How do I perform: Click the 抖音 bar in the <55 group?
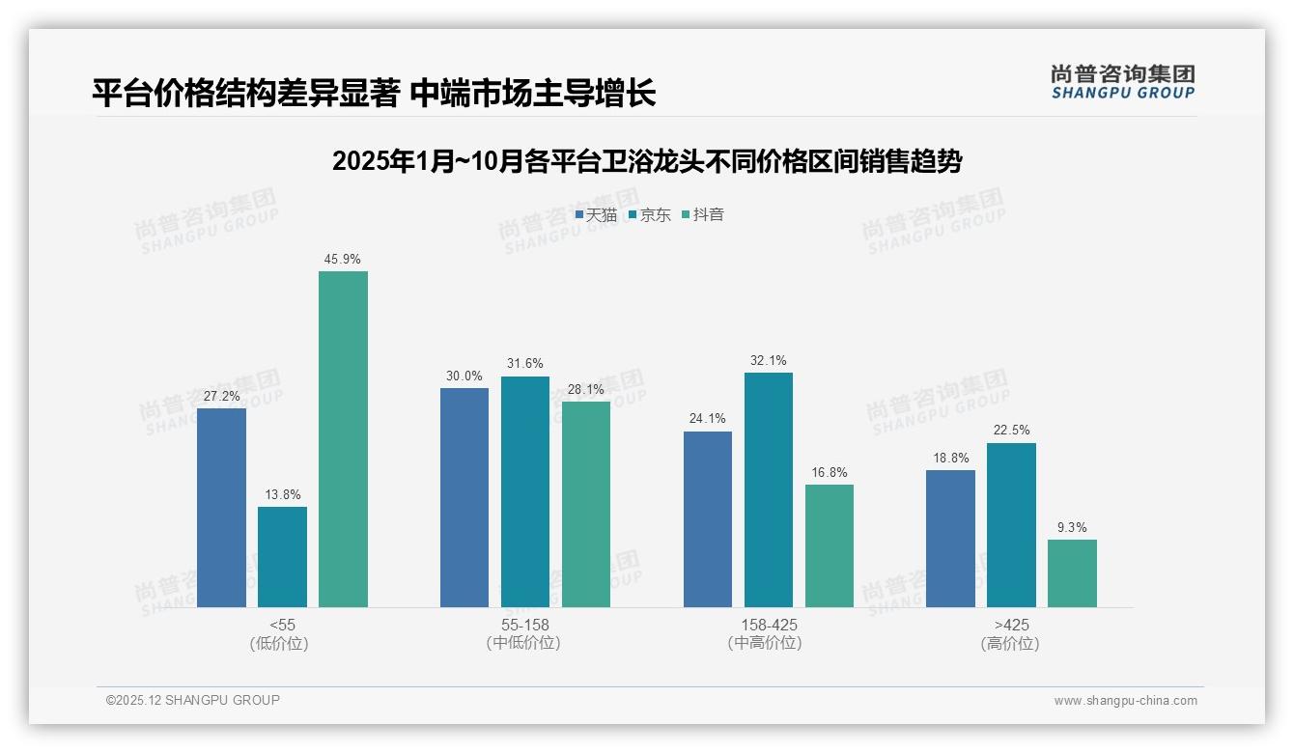[x=343, y=439]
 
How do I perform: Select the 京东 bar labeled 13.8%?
[x=282, y=557]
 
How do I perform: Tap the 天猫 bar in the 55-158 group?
[x=464, y=497]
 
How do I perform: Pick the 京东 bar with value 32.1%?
[x=769, y=489]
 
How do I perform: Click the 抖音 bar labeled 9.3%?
[x=1072, y=573]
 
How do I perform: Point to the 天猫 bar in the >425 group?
[x=950, y=539]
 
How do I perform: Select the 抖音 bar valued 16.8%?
[x=830, y=545]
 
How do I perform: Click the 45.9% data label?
[x=343, y=260]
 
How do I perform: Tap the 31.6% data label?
[x=524, y=364]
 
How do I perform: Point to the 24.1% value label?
[x=707, y=419]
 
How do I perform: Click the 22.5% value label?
[x=1011, y=431]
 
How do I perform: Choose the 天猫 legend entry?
[x=596, y=215]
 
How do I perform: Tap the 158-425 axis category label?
[x=769, y=625]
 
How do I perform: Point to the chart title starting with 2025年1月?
[x=646, y=161]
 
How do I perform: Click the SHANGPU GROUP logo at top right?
[x=1122, y=81]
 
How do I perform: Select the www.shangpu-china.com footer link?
[x=1125, y=701]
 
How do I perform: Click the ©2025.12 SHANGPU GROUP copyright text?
[x=193, y=700]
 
